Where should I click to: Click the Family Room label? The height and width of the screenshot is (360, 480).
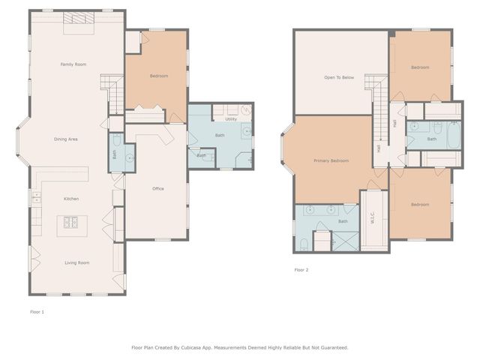point(73,64)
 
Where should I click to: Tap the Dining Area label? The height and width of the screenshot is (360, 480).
point(66,139)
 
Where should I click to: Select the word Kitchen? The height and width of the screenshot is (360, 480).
point(71,199)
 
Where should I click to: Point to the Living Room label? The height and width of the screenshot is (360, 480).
point(76,262)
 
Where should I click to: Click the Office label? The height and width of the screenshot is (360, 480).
point(157,188)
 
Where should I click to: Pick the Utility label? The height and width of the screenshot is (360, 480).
point(231,119)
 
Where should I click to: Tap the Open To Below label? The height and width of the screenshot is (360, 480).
point(339,77)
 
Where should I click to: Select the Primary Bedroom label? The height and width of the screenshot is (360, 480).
point(331,160)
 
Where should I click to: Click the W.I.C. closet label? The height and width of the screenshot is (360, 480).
point(373,219)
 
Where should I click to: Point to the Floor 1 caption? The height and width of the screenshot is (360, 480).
point(37,311)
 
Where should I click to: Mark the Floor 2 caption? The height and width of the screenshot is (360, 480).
point(301,270)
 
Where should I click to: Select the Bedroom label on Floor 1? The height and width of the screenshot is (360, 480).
point(158,76)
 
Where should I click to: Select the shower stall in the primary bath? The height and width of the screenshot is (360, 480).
point(346,241)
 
